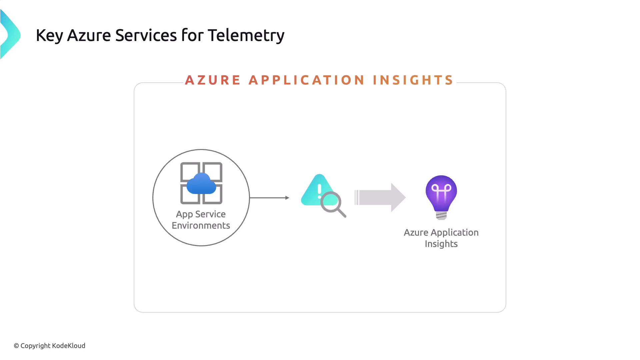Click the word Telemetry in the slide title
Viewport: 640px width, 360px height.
[x=246, y=35]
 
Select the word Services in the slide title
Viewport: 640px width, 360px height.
[x=146, y=35]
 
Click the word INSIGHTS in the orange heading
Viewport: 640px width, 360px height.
[x=413, y=80]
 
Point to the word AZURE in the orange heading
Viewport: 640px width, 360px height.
[x=213, y=80]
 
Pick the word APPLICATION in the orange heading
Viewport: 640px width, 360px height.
[x=306, y=80]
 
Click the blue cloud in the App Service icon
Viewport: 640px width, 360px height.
[x=201, y=184]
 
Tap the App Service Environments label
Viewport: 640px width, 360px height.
[x=201, y=220]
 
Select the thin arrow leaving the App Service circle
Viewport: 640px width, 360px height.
[x=269, y=198]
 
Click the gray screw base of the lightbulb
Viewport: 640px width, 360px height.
[x=441, y=215]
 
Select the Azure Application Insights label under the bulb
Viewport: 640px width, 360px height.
[x=441, y=238]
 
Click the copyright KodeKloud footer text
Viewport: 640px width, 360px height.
[x=50, y=346]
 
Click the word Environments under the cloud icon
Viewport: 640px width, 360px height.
[x=201, y=225]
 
